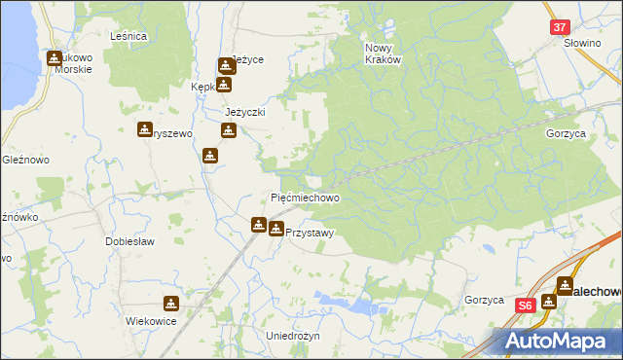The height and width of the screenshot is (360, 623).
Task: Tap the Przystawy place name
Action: (311, 233)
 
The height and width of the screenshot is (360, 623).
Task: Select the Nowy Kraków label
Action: (383, 53)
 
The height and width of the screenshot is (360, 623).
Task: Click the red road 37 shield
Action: (559, 28)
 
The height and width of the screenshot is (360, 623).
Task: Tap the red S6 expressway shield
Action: (526, 305)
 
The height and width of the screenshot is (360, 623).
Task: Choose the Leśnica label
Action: (128, 36)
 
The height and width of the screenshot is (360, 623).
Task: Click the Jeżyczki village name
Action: (245, 112)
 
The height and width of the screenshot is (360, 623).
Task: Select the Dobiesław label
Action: (129, 240)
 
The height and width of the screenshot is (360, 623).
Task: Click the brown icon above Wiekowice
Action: (171, 304)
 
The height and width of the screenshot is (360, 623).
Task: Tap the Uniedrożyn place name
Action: (293, 335)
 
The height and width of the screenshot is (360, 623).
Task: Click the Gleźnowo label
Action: (19, 159)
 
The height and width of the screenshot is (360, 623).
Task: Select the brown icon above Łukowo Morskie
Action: (55, 58)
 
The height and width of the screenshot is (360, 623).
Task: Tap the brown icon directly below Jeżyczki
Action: (228, 130)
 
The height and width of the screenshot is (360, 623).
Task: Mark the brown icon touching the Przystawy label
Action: (276, 230)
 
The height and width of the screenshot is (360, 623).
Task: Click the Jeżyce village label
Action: (247, 60)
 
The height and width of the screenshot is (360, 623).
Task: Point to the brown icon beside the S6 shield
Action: (549, 302)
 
